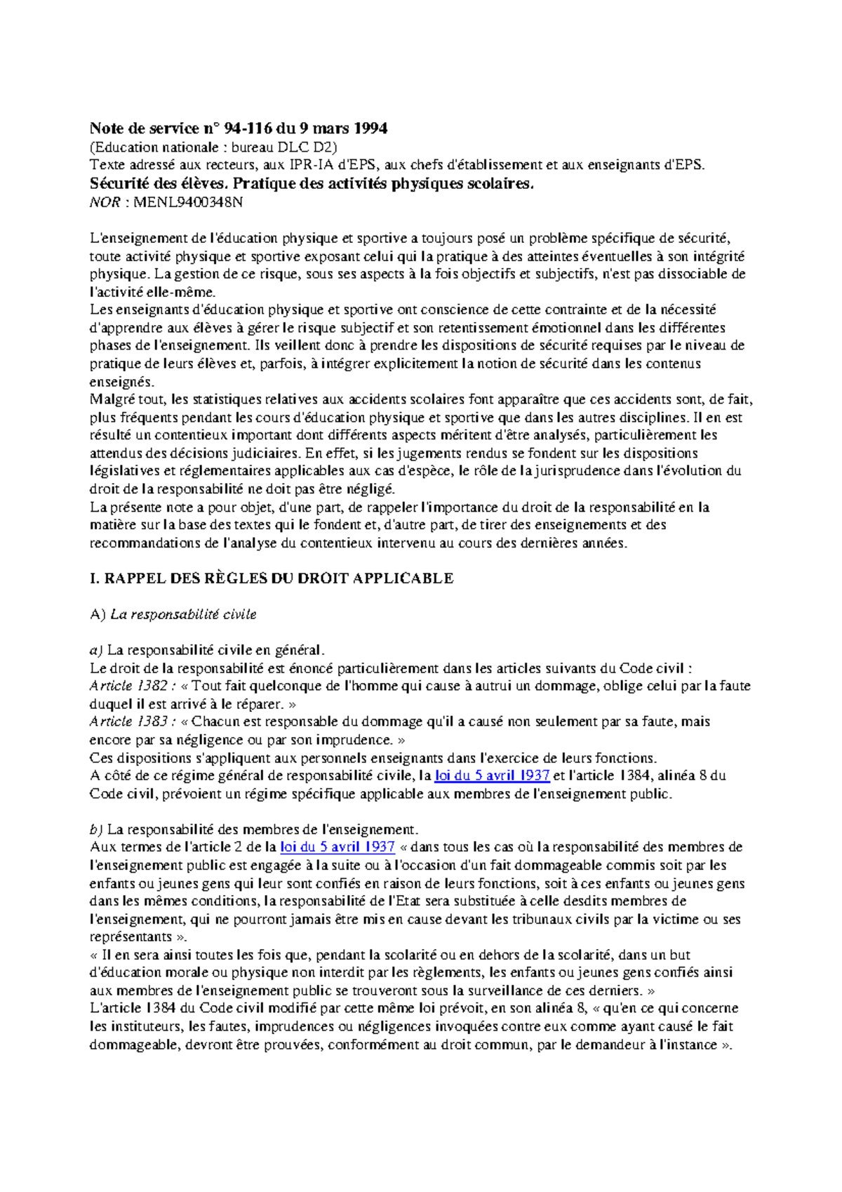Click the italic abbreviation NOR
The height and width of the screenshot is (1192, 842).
pyautogui.click(x=104, y=203)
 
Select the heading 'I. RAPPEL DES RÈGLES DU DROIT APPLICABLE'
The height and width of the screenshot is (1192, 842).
pyautogui.click(x=272, y=578)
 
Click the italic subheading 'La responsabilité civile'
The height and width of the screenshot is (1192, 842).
pyautogui.click(x=183, y=614)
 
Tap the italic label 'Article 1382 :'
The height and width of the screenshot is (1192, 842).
pyautogui.click(x=133, y=686)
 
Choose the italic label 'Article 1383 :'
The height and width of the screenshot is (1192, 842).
pyautogui.click(x=133, y=722)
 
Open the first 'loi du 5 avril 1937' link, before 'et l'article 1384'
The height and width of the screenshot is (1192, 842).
pyautogui.click(x=492, y=776)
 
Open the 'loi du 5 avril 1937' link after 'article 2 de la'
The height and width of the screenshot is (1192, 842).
pyautogui.click(x=337, y=847)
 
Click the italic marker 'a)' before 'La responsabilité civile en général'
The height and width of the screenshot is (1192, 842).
pyautogui.click(x=96, y=650)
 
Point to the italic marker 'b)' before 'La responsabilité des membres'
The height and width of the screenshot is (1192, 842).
pyautogui.click(x=96, y=830)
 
